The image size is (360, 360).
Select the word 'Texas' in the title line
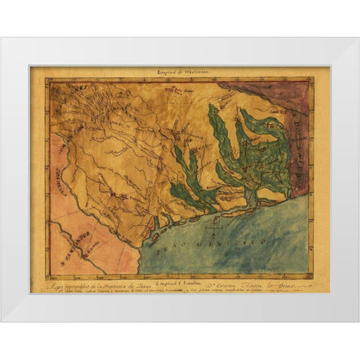pyautogui.click(x=156, y=284)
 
